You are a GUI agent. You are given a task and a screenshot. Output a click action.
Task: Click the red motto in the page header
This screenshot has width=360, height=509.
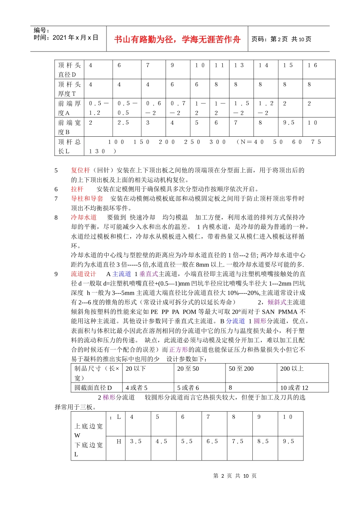point(177,39)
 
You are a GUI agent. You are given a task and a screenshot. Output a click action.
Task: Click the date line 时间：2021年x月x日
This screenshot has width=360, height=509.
point(66,37)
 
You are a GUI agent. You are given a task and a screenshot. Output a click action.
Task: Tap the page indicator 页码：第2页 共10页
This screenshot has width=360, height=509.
point(281,39)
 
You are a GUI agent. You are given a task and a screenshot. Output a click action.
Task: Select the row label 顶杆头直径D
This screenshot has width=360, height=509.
point(69,70)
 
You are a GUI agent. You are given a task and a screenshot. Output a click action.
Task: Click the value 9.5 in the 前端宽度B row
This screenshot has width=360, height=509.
point(289,123)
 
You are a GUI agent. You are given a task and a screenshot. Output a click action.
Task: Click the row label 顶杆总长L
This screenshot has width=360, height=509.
point(69,146)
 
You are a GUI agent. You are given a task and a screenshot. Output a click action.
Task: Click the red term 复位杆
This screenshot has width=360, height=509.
point(80,170)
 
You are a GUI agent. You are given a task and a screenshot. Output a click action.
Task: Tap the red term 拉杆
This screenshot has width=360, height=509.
point(77,189)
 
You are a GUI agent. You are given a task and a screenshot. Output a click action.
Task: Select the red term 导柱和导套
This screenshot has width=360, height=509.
point(87,198)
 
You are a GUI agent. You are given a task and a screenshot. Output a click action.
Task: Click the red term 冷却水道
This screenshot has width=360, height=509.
point(84,217)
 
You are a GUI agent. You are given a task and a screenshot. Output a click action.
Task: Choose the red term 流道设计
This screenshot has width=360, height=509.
point(84,274)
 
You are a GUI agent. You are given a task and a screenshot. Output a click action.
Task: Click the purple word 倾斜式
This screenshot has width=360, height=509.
point(277,302)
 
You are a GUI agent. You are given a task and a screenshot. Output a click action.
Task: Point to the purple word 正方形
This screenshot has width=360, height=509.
point(178,350)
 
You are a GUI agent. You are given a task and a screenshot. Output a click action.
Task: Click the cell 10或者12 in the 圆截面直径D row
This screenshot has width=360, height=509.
point(294,388)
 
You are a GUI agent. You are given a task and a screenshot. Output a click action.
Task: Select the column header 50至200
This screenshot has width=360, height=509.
point(241,369)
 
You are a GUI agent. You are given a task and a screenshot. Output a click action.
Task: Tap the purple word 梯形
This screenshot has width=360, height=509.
point(109,397)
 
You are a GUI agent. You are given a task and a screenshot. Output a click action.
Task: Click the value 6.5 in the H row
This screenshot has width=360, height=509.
point(212,442)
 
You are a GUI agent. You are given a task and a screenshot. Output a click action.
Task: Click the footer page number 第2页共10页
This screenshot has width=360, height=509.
point(235,476)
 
